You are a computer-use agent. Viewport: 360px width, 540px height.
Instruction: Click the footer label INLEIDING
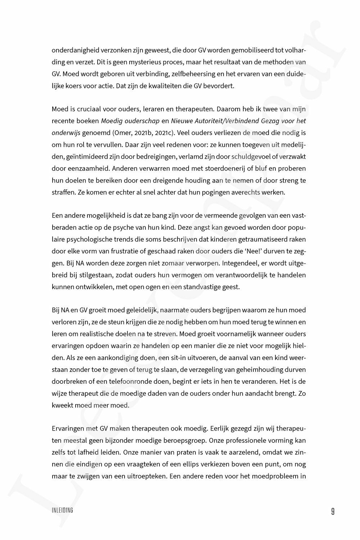pyautogui.click(x=62, y=510)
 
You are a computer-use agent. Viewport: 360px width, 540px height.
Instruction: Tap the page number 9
pyautogui.click(x=333, y=511)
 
